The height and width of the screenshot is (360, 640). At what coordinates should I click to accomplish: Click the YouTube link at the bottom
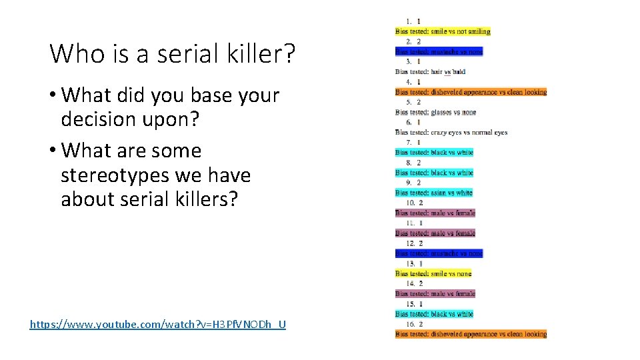tap(158, 325)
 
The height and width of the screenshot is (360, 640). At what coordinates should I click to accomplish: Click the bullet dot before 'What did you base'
tap(53, 95)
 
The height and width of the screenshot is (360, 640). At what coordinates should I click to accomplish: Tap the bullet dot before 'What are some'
tap(53, 151)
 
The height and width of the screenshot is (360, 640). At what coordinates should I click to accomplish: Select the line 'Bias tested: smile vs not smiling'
tap(443, 31)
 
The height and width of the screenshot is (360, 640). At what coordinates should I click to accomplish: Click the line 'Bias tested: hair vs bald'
tap(430, 71)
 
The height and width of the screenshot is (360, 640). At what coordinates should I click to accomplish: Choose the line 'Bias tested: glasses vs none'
tap(435, 112)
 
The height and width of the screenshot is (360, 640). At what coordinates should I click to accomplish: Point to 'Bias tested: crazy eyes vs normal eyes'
tap(451, 132)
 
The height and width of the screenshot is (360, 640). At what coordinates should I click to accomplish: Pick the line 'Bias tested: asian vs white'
tap(433, 193)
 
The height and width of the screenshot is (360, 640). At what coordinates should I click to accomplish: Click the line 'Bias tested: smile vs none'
tap(433, 273)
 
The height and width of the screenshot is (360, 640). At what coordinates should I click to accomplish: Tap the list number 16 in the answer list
tap(408, 324)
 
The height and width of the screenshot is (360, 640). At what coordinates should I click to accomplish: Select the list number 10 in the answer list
tap(408, 203)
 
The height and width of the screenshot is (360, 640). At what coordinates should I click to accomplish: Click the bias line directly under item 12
tap(439, 253)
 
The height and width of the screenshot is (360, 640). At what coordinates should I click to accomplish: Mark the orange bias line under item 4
tap(471, 92)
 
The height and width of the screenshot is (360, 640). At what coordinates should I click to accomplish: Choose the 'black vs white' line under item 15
tap(434, 314)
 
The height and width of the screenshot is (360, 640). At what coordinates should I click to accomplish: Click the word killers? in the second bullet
tap(200, 200)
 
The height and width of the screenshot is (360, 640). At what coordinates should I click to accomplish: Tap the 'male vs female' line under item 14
tap(435, 293)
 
